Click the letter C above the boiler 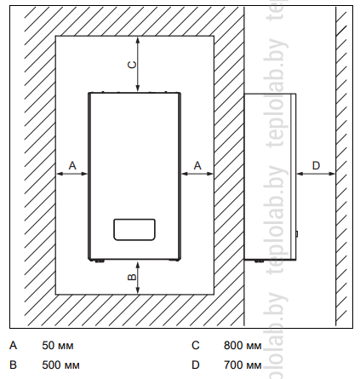click(x=133, y=65)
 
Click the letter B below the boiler click(x=133, y=277)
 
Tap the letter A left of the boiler click(x=72, y=165)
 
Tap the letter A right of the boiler click(x=197, y=165)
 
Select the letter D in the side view click(x=316, y=165)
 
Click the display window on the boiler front click(x=134, y=229)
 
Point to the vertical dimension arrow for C click(x=138, y=64)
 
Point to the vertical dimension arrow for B click(x=138, y=278)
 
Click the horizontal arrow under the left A click(x=72, y=174)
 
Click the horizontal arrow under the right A click(x=197, y=174)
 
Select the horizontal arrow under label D click(x=316, y=174)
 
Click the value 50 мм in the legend click(x=58, y=346)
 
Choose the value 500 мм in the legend click(x=60, y=365)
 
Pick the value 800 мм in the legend click(x=243, y=346)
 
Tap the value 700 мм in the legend click(x=243, y=365)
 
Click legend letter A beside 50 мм click(x=14, y=346)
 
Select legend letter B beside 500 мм click(x=13, y=365)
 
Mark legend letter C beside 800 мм click(x=196, y=346)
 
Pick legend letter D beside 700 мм click(x=196, y=365)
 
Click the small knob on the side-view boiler click(x=297, y=234)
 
